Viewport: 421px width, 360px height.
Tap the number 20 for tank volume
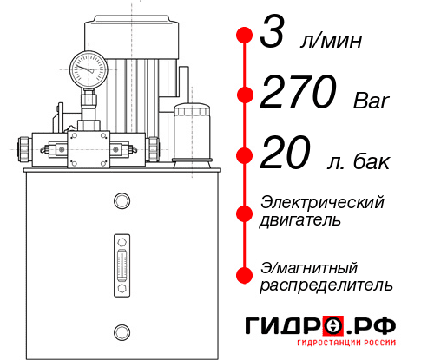pos(285,156)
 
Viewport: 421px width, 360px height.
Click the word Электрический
pos(322,202)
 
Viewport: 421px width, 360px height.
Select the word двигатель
pos(300,220)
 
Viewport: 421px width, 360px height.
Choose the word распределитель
pos(326,285)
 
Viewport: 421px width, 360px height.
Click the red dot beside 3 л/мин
pos(245,36)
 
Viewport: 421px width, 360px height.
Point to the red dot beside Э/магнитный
pos(245,274)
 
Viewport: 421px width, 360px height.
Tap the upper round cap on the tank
pos(122,201)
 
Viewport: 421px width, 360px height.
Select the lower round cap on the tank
pos(122,330)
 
